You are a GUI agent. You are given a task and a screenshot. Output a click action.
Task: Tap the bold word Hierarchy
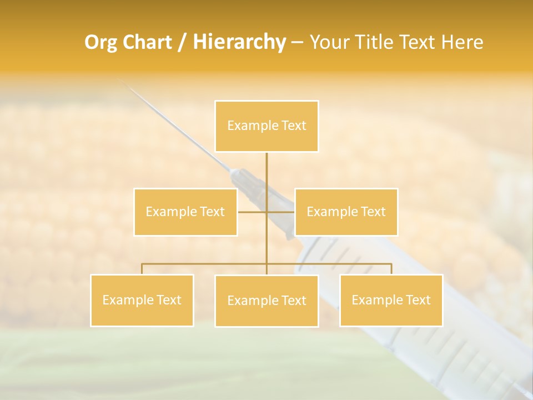click(239, 42)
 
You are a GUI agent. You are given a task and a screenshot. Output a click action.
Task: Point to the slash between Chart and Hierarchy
click(182, 42)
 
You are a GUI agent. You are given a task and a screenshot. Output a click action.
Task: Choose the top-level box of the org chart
click(266, 126)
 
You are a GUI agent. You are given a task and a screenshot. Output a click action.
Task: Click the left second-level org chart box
click(185, 212)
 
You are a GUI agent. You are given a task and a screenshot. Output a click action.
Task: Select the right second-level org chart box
click(346, 212)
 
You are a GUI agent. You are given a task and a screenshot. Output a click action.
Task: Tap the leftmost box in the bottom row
click(142, 300)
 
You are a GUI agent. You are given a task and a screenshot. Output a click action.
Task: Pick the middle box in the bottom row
click(266, 301)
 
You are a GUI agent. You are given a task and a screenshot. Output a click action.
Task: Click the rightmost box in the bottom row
click(391, 300)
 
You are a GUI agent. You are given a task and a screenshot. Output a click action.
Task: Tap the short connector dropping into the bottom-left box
click(142, 269)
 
